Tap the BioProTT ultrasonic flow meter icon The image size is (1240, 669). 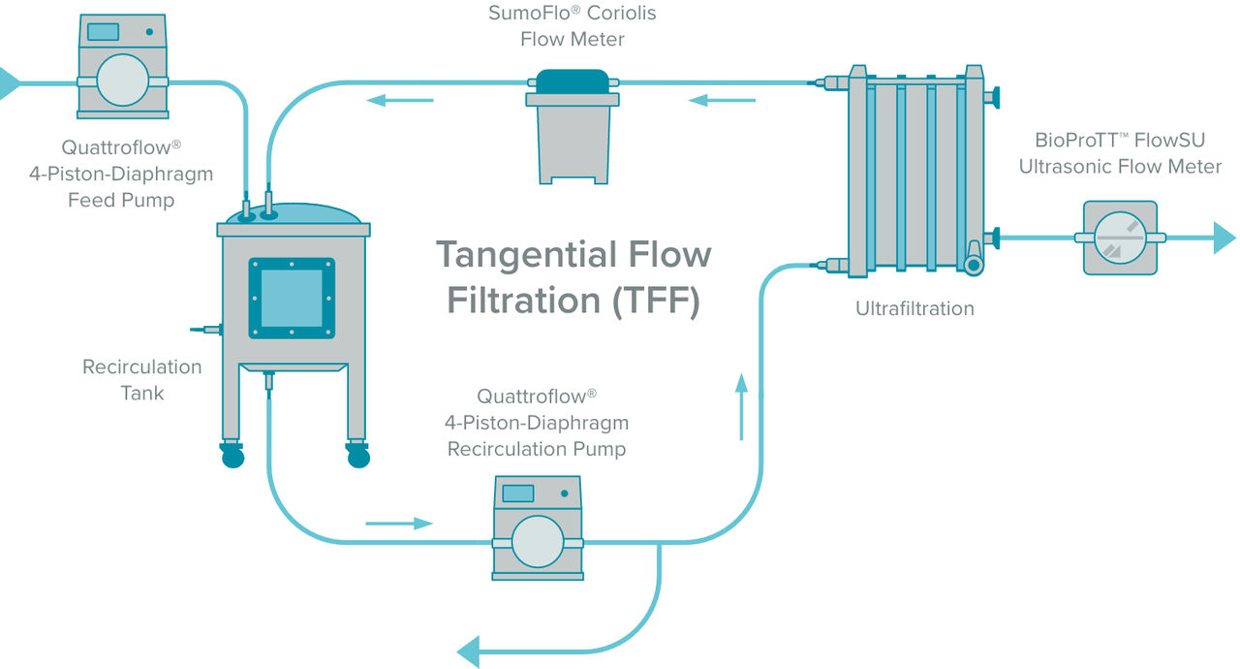[1119, 238]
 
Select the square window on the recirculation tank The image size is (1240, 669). [292, 298]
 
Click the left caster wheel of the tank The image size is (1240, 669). [232, 455]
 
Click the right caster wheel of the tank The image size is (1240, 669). [358, 455]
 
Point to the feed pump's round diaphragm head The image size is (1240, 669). [123, 80]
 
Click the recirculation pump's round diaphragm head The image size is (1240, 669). [538, 541]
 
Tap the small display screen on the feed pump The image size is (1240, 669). [103, 31]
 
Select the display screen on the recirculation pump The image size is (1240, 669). [518, 493]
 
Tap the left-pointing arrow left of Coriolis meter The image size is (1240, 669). [399, 99]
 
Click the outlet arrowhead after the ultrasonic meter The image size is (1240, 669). [1224, 238]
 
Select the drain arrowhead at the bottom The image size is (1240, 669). [470, 650]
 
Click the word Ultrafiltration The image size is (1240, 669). [914, 308]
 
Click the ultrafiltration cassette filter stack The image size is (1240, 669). [915, 170]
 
